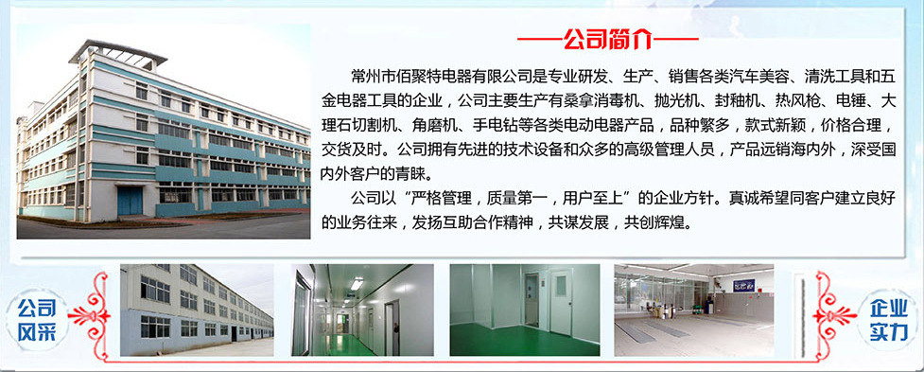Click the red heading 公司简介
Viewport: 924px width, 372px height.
(x=607, y=39)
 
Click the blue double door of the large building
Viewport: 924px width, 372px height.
(x=130, y=201)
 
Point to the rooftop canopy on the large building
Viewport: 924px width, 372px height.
(x=118, y=52)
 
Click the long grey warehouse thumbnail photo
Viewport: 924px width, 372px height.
(x=197, y=310)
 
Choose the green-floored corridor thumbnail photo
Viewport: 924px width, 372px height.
(x=362, y=310)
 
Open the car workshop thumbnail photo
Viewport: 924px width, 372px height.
(x=694, y=310)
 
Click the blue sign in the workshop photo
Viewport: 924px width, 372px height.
(x=743, y=285)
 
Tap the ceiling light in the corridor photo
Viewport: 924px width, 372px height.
(x=357, y=284)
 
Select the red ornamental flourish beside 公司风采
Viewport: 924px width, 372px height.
(x=92, y=315)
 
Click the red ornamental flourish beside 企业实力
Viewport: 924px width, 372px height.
(x=832, y=315)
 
